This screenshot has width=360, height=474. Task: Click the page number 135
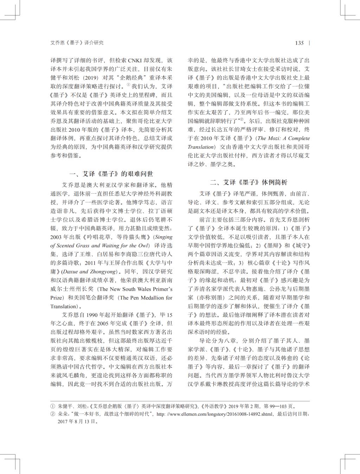(x=299, y=43)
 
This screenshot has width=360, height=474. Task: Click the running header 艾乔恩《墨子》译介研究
(x=77, y=43)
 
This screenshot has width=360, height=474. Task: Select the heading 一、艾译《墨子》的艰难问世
(x=111, y=174)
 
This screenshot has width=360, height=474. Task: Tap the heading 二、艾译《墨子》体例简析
(x=249, y=182)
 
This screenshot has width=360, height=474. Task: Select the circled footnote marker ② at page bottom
(x=53, y=414)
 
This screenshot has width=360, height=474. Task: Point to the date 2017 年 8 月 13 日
(x=78, y=421)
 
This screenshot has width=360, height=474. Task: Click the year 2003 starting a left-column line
(x=56, y=237)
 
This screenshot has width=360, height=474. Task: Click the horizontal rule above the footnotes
(x=180, y=401)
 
